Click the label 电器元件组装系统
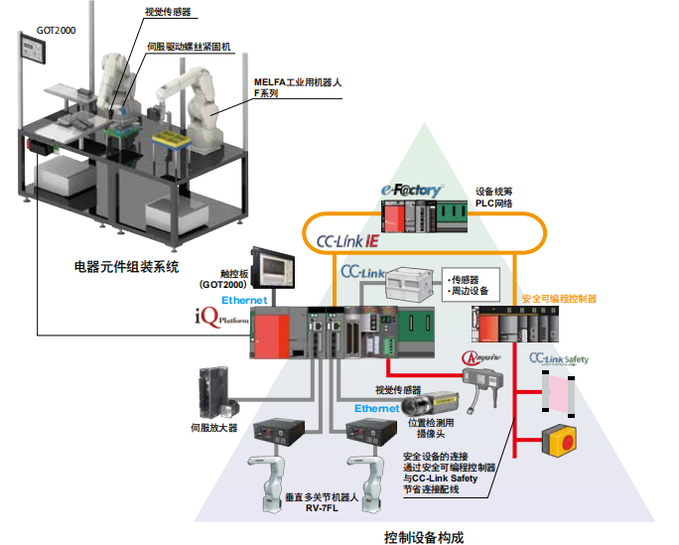point(127,267)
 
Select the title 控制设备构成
point(424,537)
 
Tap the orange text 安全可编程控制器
point(559,299)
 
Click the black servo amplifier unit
point(216,391)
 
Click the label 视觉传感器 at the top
point(168,13)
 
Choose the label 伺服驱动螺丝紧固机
point(189,47)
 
